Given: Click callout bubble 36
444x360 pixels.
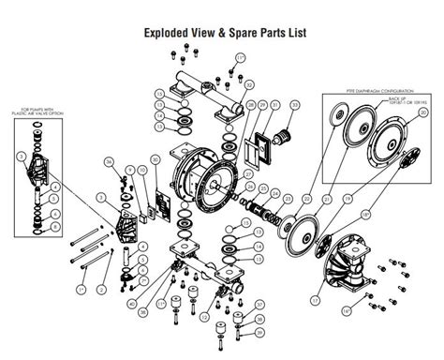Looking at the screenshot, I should [109, 162].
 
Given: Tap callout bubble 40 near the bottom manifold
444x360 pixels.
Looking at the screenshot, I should [131, 304].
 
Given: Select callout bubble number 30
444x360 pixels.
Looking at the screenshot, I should [155, 161].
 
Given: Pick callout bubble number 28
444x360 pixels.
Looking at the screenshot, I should [249, 106].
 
